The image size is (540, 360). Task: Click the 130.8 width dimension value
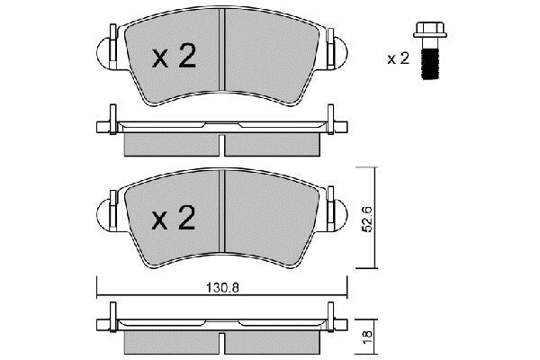coord(222,288)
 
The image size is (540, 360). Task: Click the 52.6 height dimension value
coord(368,219)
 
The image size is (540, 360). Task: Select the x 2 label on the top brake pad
coord(174,56)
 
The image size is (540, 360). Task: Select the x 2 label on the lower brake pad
coord(174,218)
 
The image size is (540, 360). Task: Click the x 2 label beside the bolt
coord(398,58)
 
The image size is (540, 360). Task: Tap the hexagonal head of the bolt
coord(430,30)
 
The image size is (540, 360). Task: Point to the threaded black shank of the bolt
coord(430,64)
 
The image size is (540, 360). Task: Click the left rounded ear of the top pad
coord(103,53)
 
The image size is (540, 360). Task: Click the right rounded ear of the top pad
coord(341,53)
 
